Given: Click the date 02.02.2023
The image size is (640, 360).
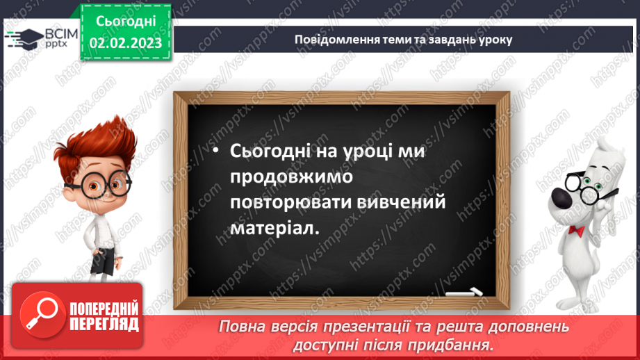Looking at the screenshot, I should (x=125, y=43).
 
